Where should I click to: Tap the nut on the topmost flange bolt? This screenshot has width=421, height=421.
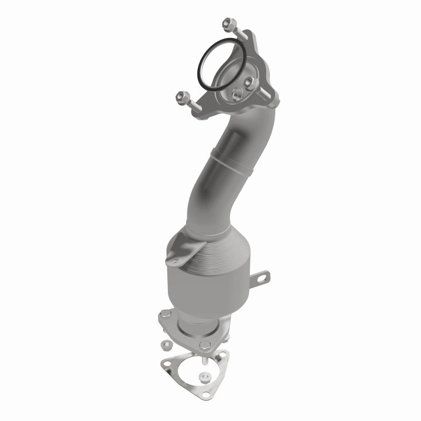pos(228,23)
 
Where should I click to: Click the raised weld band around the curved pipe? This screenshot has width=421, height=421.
pos(232,155)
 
